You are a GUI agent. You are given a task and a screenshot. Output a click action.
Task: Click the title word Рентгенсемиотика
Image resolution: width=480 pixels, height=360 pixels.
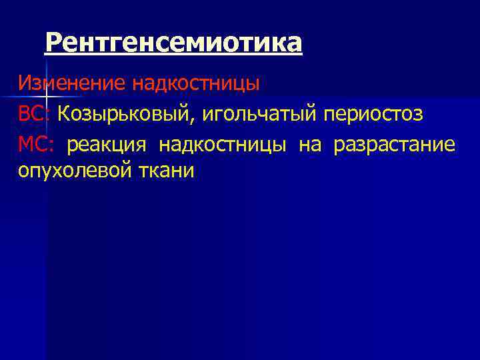(173, 43)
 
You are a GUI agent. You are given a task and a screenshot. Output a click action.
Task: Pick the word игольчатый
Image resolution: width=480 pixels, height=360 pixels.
(261, 114)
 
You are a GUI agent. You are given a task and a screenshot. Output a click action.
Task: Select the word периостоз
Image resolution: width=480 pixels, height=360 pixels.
(373, 114)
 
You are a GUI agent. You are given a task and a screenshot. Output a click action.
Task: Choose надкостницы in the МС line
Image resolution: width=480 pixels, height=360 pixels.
(223, 145)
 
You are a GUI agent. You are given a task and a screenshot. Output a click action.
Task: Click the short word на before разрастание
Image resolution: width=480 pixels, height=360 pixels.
(309, 145)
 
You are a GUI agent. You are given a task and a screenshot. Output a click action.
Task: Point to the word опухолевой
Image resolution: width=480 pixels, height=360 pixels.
(74, 171)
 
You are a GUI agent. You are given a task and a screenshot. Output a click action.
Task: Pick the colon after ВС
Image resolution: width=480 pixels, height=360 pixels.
(48, 115)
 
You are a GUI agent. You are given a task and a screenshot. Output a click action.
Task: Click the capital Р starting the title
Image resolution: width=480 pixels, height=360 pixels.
(54, 43)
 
